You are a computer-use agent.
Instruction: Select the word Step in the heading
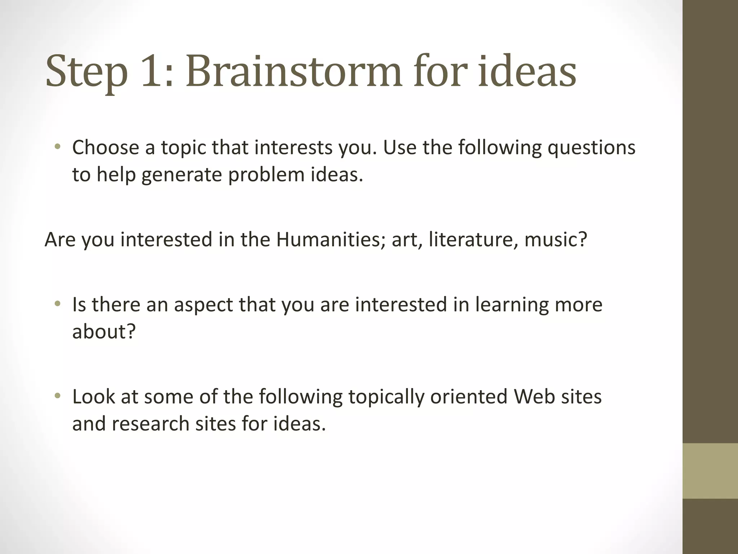tap(87, 72)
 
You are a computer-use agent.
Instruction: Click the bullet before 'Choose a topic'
tap(57, 147)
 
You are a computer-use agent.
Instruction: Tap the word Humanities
tap(328, 239)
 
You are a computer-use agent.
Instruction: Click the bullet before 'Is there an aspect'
tap(57, 304)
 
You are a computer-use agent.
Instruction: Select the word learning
tap(512, 305)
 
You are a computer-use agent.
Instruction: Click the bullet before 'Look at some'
tap(57, 396)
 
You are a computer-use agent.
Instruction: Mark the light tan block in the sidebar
tap(710, 471)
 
